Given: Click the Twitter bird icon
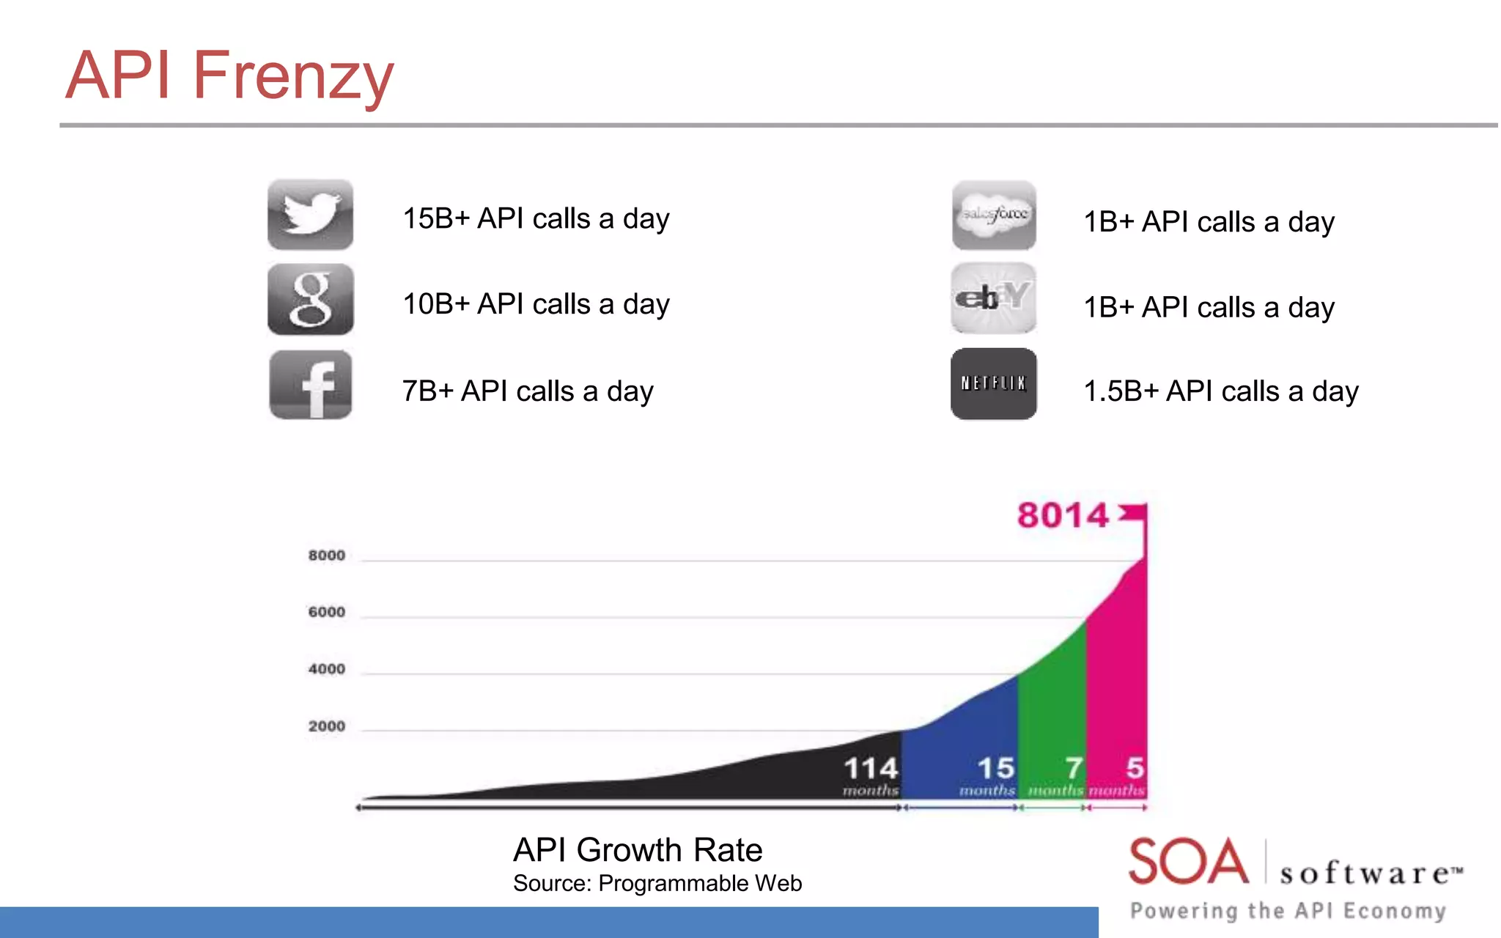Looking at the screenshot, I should point(310,215).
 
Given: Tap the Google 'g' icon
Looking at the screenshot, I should point(310,300).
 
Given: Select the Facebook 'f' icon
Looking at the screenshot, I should point(310,385).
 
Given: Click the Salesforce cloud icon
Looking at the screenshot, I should point(994,215).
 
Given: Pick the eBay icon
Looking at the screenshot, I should point(993,298).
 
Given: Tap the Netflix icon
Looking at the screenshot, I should point(993,384).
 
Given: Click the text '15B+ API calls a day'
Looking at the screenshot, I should point(536,218).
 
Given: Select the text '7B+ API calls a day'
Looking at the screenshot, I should point(527,391).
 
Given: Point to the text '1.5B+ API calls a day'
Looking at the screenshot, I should point(1220,391).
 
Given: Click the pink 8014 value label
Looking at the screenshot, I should point(1063,515).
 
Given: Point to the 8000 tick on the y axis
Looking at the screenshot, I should point(326,555).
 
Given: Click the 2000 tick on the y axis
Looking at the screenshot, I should point(326,726).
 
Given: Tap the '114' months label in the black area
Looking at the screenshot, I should point(871,769).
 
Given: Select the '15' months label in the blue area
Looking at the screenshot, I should point(996,769).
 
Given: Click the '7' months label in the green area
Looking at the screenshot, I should point(1074,769).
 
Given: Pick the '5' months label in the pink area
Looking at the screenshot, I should point(1135,769).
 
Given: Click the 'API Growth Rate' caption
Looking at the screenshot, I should point(638,850).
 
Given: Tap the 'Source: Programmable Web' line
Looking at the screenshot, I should point(657,883).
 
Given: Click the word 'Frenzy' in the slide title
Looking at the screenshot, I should point(293,76).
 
